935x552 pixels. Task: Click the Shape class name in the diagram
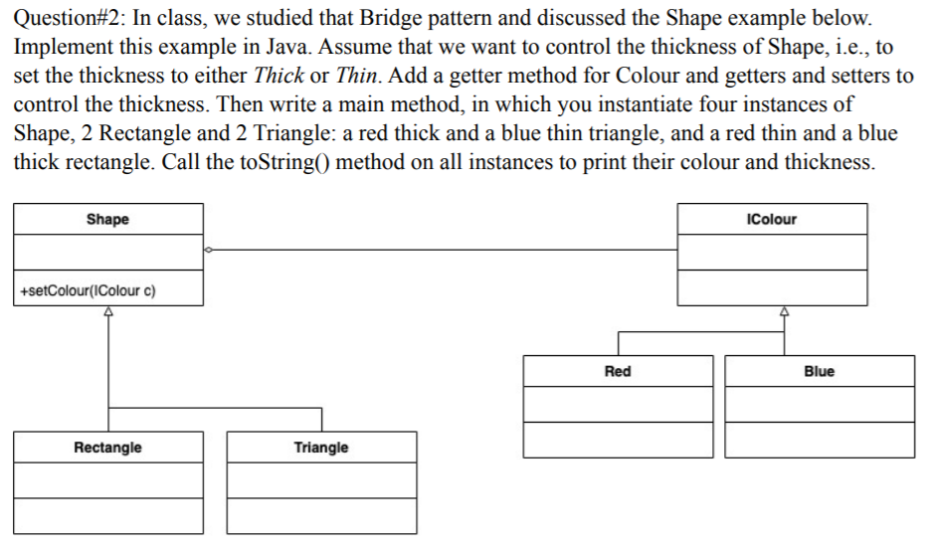click(107, 219)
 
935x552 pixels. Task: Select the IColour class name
click(771, 219)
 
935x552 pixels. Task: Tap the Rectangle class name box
click(107, 448)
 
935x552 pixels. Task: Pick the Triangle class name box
click(321, 448)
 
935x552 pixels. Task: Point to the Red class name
click(618, 371)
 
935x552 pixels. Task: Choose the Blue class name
click(819, 371)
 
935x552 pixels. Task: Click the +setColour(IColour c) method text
click(87, 291)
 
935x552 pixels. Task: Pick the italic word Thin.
click(356, 76)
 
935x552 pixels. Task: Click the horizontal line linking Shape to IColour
click(443, 250)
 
